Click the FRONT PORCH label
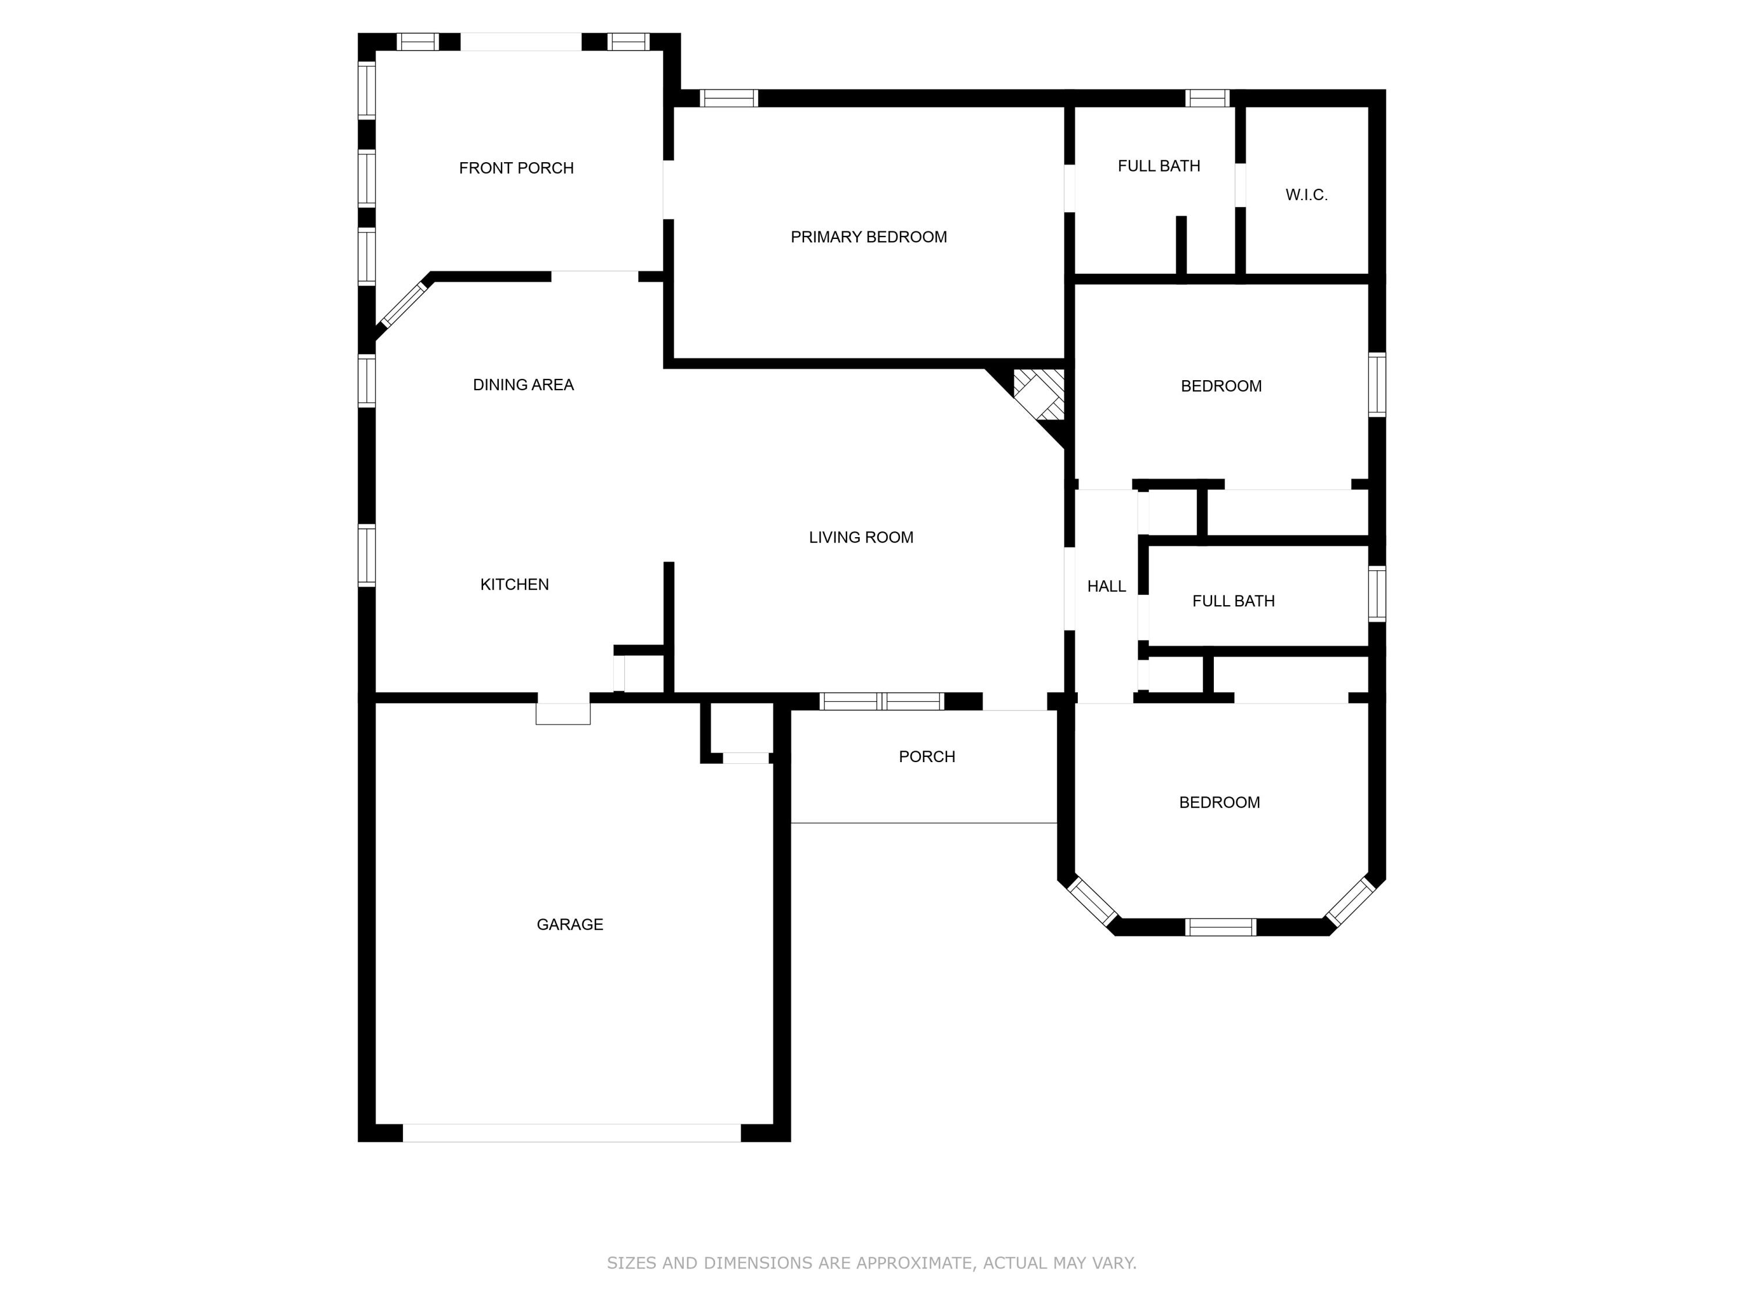[x=516, y=168]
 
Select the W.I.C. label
[x=1306, y=195]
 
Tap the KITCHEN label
[x=514, y=584]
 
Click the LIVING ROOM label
[x=860, y=537]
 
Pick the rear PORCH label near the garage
[x=927, y=756]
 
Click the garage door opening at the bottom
[x=571, y=1132]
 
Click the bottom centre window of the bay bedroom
[x=1220, y=927]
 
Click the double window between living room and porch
[x=881, y=701]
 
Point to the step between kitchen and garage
[x=563, y=713]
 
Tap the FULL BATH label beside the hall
[x=1232, y=601]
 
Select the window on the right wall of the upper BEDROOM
[x=1376, y=385]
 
